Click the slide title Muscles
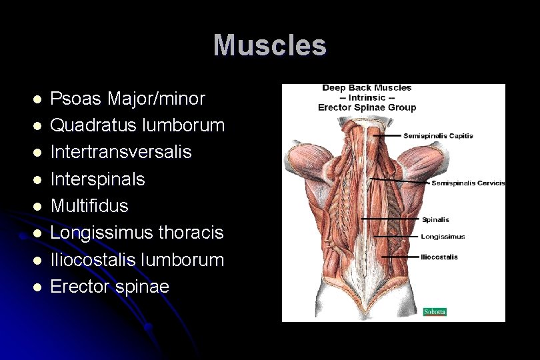pyautogui.click(x=270, y=45)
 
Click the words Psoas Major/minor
pyautogui.click(x=128, y=99)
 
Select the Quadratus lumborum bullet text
pyautogui.click(x=137, y=125)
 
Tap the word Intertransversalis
pyautogui.click(x=121, y=152)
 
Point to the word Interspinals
pyautogui.click(x=97, y=179)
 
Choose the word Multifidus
pyautogui.click(x=89, y=205)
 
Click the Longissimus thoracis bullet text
pyautogui.click(x=137, y=233)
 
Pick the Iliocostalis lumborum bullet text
pyautogui.click(x=137, y=259)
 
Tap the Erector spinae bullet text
pyautogui.click(x=110, y=287)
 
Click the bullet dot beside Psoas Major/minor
pyautogui.click(x=37, y=99)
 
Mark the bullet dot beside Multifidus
pyautogui.click(x=37, y=206)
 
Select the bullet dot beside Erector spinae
pyautogui.click(x=37, y=287)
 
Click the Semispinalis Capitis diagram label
pyautogui.click(x=438, y=136)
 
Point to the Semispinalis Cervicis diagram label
pyautogui.click(x=468, y=183)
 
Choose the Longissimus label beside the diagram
pyautogui.click(x=443, y=236)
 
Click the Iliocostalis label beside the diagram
pyautogui.click(x=439, y=257)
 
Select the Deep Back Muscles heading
pyautogui.click(x=367, y=88)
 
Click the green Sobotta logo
pyautogui.click(x=435, y=311)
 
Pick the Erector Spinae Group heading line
pyautogui.click(x=367, y=107)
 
